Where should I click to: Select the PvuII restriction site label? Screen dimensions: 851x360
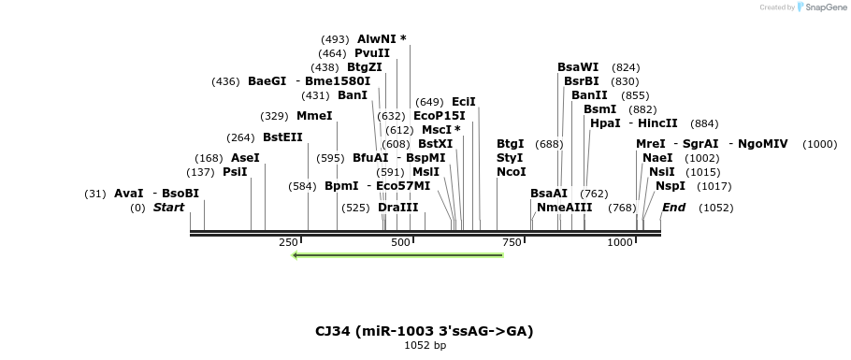coord(371,53)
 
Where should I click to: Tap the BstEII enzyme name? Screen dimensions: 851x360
coord(282,137)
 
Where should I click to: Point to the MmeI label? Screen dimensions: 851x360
coord(314,116)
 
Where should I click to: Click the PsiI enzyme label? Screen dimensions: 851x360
coord(235,172)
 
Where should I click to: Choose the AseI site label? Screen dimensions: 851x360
coord(245,158)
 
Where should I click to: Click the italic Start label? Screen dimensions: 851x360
coord(169,207)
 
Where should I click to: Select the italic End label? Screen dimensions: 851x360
coord(674,207)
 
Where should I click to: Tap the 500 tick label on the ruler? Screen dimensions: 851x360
coord(400,243)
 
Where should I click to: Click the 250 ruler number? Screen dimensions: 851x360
coord(288,243)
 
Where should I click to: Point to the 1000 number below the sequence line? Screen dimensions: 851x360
coord(620,243)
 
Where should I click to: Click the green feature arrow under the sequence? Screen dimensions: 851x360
coord(397,255)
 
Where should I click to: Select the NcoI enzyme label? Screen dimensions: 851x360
coord(512,172)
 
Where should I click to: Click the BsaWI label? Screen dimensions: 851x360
coord(578,67)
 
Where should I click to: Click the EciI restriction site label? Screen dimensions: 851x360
coord(464,102)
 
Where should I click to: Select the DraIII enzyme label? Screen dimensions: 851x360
coord(398,207)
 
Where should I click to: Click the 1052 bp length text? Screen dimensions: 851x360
coord(425,346)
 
